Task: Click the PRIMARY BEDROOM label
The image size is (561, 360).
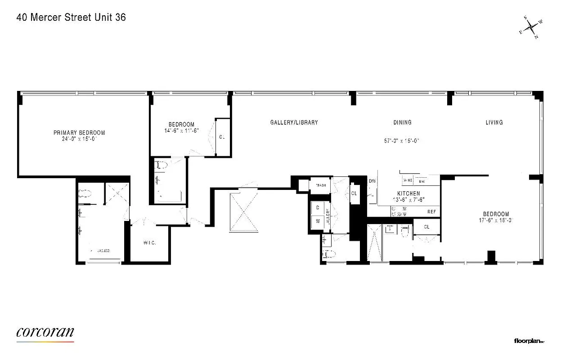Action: pyautogui.click(x=79, y=133)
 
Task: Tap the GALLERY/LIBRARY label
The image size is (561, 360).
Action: pyautogui.click(x=294, y=122)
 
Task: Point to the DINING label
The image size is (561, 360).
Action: pyautogui.click(x=402, y=122)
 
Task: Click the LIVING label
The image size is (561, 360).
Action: pyautogui.click(x=494, y=122)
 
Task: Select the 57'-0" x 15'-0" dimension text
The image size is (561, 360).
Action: pyautogui.click(x=402, y=140)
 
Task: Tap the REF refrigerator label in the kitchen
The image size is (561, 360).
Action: pyautogui.click(x=432, y=211)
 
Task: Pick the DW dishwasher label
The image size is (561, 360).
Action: pyautogui.click(x=372, y=181)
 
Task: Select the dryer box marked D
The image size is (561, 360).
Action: pyautogui.click(x=318, y=207)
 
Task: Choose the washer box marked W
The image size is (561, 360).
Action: pyautogui.click(x=318, y=221)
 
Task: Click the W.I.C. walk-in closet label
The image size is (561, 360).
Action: pyautogui.click(x=150, y=243)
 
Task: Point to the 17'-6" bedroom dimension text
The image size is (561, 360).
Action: pyautogui.click(x=496, y=220)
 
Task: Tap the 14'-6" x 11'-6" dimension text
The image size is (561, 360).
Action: pyautogui.click(x=181, y=130)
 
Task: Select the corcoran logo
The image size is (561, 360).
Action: pyautogui.click(x=45, y=333)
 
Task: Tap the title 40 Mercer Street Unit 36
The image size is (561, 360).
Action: pyautogui.click(x=71, y=18)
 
